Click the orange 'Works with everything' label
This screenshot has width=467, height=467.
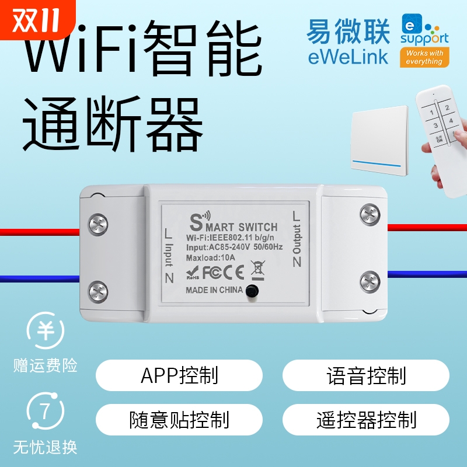pyautogui.click(x=424, y=57)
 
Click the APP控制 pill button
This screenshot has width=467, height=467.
pyautogui.click(x=179, y=375)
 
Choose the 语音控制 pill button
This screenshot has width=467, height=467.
pyautogui.click(x=366, y=375)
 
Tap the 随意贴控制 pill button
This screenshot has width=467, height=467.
pyautogui.click(x=179, y=419)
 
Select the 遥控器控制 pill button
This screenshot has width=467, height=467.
pyautogui.click(x=366, y=419)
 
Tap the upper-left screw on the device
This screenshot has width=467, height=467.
pyautogui.click(x=98, y=223)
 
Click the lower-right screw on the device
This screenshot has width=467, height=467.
pyautogui.click(x=370, y=281)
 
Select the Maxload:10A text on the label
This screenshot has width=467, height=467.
pyautogui.click(x=210, y=257)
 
